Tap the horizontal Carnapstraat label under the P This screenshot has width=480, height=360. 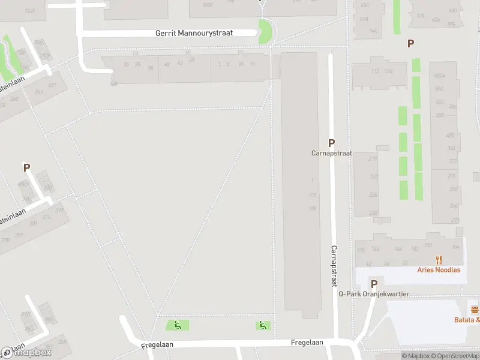[x=331, y=154]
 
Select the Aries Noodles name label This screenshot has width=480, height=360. [x=439, y=270]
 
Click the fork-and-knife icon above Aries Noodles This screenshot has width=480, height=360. [x=439, y=260]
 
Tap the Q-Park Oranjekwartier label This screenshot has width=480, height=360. [x=374, y=294]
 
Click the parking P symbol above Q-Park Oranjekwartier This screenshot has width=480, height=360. [x=374, y=284]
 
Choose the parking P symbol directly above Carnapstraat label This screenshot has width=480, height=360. [x=331, y=143]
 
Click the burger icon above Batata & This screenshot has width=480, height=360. [x=475, y=310]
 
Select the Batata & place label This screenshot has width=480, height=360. [x=467, y=320]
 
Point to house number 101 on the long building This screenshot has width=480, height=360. [x=312, y=195]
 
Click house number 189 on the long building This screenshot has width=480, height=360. [x=312, y=208]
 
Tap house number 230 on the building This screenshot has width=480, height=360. [x=373, y=213]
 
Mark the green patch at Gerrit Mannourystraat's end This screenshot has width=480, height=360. [x=264, y=31]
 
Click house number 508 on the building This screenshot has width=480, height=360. [x=440, y=115]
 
